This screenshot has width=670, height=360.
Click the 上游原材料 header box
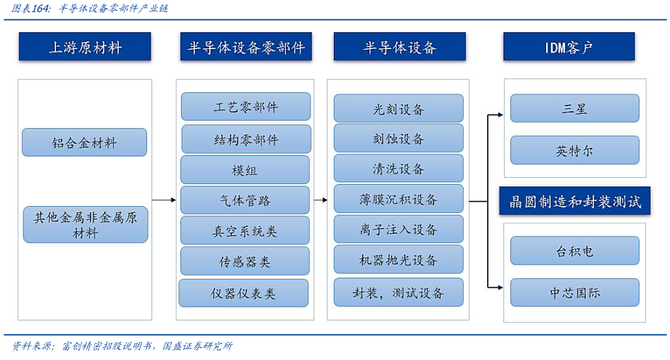click(x=85, y=47)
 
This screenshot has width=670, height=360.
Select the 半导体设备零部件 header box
click(x=246, y=47)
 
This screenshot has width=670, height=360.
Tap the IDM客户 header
click(x=568, y=47)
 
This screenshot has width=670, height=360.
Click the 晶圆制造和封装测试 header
click(x=574, y=202)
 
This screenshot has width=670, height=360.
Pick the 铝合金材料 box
click(x=84, y=143)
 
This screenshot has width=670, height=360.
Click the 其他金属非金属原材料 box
click(x=85, y=225)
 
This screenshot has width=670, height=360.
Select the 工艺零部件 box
click(x=246, y=107)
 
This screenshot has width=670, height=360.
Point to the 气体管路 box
click(x=245, y=200)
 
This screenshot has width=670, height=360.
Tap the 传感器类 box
click(x=245, y=261)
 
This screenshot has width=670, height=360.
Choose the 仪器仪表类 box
click(x=244, y=293)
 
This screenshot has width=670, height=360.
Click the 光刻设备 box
click(x=398, y=109)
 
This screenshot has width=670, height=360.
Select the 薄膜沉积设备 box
click(x=398, y=199)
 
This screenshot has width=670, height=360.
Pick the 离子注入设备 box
click(x=398, y=229)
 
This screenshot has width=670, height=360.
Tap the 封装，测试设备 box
click(x=398, y=293)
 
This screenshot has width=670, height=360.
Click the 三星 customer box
click(x=574, y=108)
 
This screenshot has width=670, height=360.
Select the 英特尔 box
click(x=574, y=151)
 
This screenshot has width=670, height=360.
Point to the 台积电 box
click(x=574, y=251)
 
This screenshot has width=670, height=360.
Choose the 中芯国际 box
click(x=574, y=292)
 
